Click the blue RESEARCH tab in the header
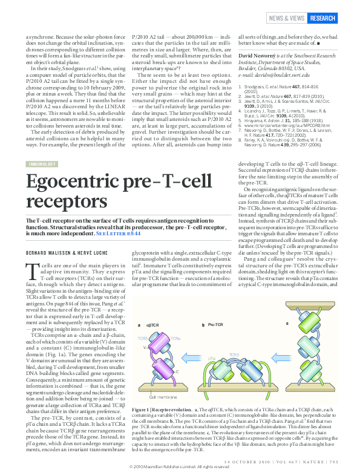(322, 18)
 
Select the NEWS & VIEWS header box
(287, 18)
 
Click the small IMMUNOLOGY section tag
(43, 164)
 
